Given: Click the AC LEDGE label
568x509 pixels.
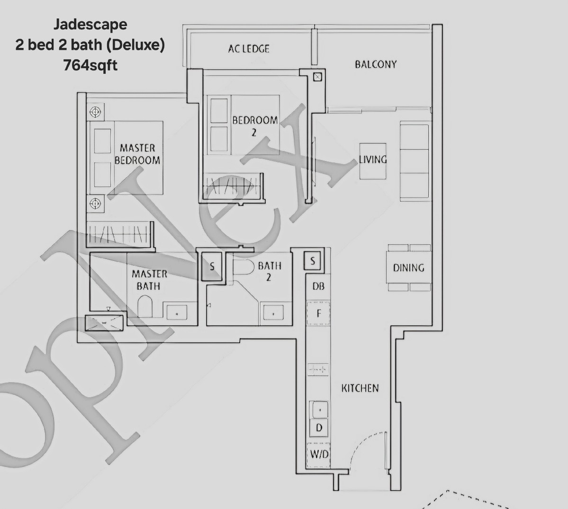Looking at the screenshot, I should click(x=248, y=49).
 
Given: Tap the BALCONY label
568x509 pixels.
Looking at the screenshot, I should click(x=376, y=64).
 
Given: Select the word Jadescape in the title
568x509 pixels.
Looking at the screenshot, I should click(x=90, y=24).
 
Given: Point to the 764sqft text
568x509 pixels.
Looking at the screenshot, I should click(x=90, y=65).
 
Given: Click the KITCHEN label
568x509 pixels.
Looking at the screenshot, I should click(x=360, y=388).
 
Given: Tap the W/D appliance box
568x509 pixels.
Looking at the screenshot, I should click(x=319, y=455).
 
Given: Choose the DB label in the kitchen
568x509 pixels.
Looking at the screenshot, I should click(x=318, y=286).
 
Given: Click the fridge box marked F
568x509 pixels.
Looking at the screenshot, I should click(x=318, y=313).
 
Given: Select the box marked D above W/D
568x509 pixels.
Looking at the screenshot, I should click(x=319, y=428).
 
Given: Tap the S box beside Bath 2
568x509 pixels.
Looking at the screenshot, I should click(x=212, y=267).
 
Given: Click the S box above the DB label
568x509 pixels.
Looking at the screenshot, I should click(x=313, y=260).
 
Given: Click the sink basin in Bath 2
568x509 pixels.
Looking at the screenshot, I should click(x=273, y=313).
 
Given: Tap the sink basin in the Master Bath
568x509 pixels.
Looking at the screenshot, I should click(x=176, y=312).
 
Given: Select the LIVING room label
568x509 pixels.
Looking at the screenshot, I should click(x=372, y=160).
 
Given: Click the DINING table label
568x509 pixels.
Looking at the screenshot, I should click(x=408, y=268).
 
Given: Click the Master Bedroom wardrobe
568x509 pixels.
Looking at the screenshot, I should click(x=119, y=234).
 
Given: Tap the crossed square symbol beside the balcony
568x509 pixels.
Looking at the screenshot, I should click(x=317, y=77).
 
